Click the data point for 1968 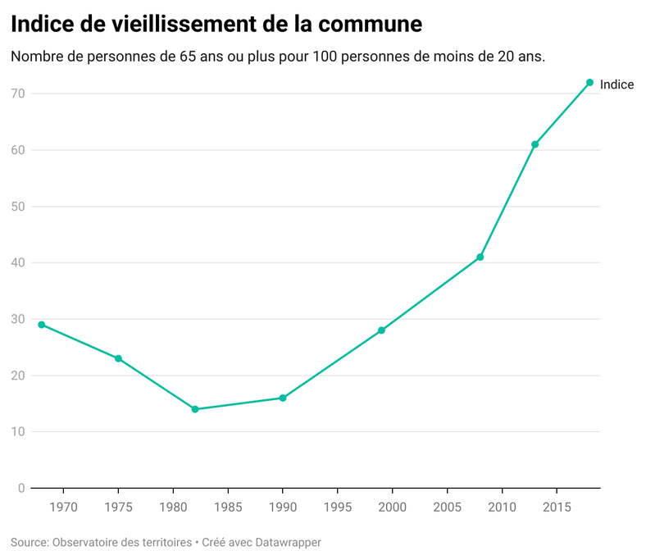pyautogui.click(x=42, y=325)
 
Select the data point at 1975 pyautogui.click(x=118, y=358)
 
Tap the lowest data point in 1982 pyautogui.click(x=195, y=409)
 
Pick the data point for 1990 pyautogui.click(x=283, y=398)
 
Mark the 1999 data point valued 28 pyautogui.click(x=381, y=330)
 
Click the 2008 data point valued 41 pyautogui.click(x=480, y=257)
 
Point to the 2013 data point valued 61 pyautogui.click(x=534, y=144)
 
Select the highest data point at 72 pyautogui.click(x=589, y=83)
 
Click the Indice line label pyautogui.click(x=616, y=84)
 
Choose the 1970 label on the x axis pyautogui.click(x=63, y=507)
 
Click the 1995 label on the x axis pyautogui.click(x=338, y=507)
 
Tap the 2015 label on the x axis pyautogui.click(x=557, y=507)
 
